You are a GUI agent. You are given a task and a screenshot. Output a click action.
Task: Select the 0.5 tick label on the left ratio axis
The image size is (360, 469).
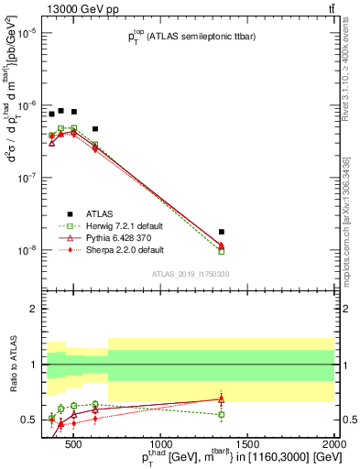tap(29, 420)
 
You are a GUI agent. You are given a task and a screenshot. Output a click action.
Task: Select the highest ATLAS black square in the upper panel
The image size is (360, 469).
tap(61, 111)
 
